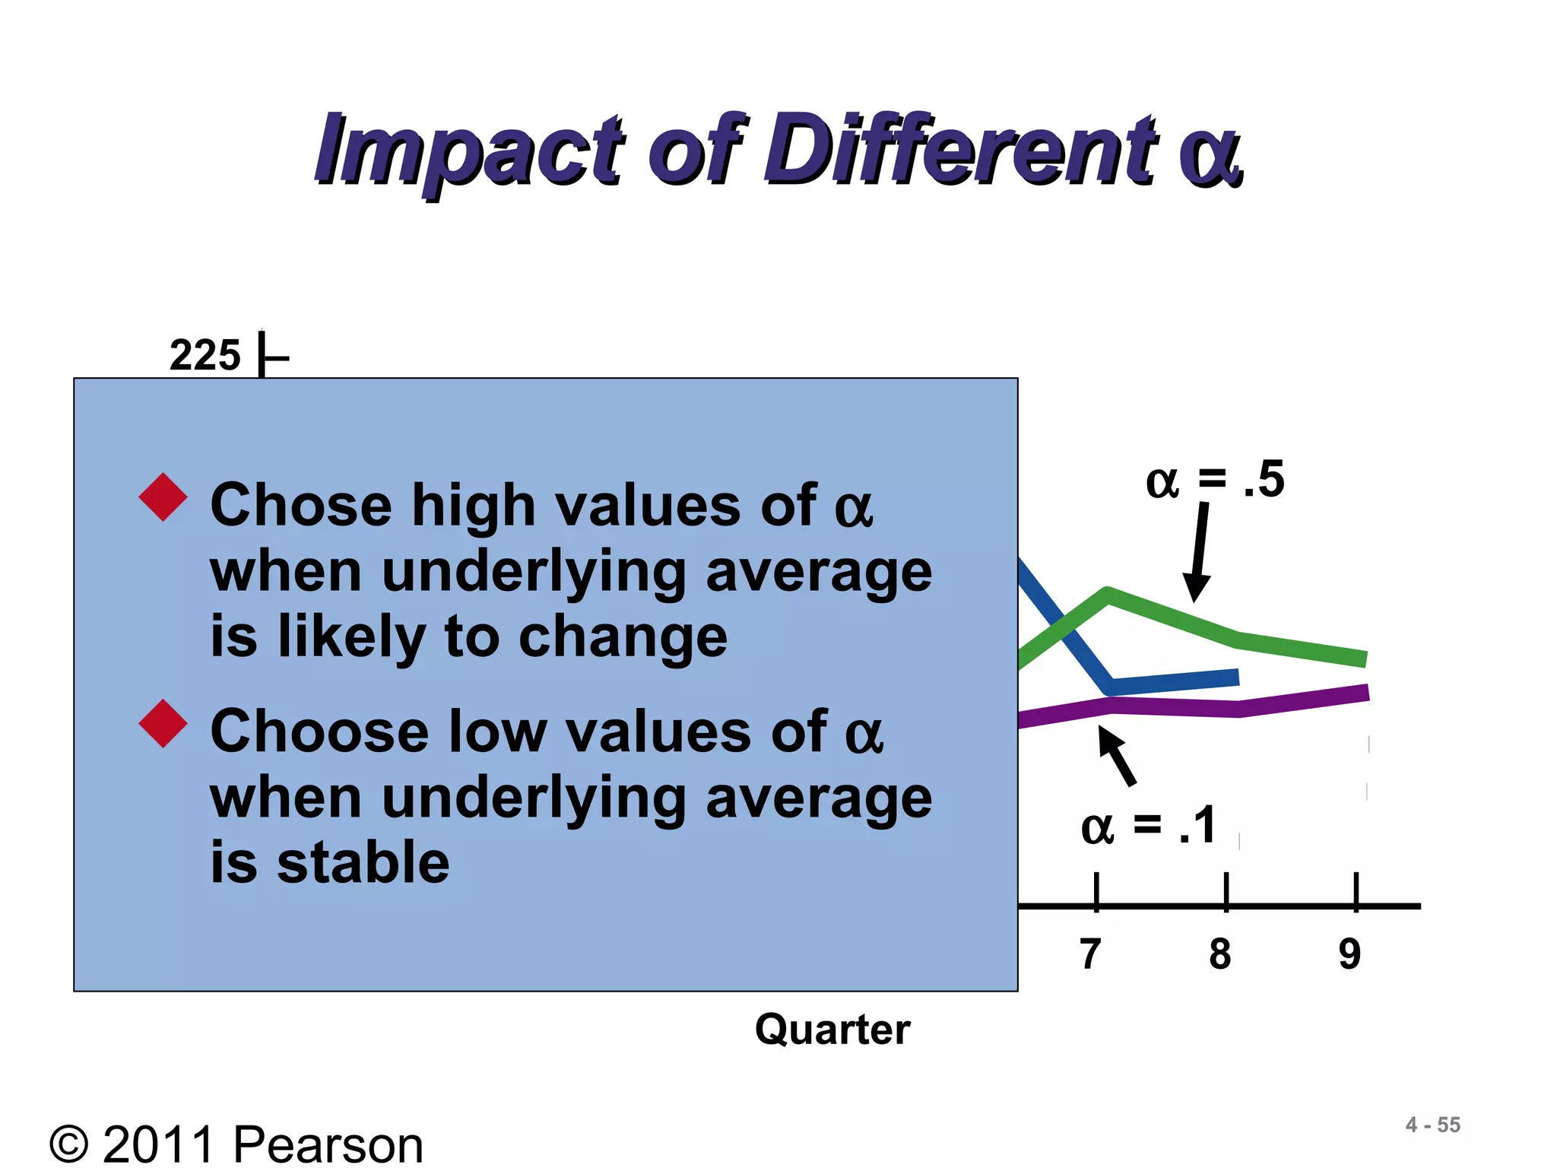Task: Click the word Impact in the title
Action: coord(468,151)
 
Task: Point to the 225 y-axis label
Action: coord(205,355)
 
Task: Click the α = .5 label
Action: coord(1214,480)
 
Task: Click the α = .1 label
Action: coord(1149,826)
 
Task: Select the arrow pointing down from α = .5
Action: coord(1199,551)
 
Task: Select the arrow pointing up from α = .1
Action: coord(1117,755)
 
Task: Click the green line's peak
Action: coord(1108,594)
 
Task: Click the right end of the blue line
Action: coord(1236,676)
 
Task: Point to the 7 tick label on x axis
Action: coord(1091,954)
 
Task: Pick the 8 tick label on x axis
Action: coord(1220,954)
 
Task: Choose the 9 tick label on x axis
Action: coord(1349,954)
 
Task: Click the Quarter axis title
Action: coord(832,1030)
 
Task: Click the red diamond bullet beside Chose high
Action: coord(163,497)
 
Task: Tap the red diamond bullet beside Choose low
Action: coord(163,723)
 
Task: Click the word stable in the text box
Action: coord(363,862)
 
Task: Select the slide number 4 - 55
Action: coord(1432,1125)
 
